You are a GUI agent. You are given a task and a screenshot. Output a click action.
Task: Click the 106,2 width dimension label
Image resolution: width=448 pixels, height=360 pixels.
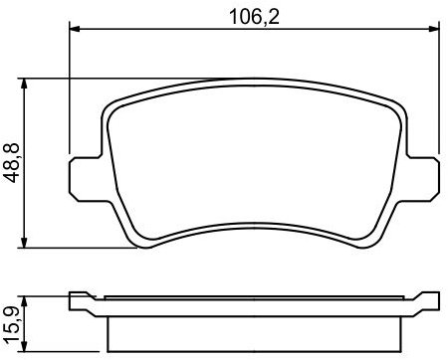tap(255, 17)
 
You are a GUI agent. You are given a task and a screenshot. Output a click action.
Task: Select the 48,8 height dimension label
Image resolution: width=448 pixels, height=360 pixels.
tap(11, 163)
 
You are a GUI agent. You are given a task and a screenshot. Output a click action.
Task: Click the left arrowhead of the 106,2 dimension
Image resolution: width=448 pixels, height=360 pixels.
tap(75, 29)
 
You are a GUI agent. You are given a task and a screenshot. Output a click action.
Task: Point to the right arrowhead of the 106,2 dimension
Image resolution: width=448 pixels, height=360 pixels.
tap(434, 29)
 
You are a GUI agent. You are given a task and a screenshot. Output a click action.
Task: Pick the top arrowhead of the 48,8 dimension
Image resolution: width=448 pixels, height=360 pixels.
tap(24, 84)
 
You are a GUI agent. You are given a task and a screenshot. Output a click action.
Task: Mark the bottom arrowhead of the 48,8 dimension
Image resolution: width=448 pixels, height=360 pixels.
tap(24, 242)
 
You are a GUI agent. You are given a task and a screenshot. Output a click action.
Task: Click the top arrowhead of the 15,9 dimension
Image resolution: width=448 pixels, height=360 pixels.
tap(24, 301)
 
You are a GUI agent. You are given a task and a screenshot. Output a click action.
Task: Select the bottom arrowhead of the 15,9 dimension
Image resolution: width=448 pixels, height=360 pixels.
tap(24, 346)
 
